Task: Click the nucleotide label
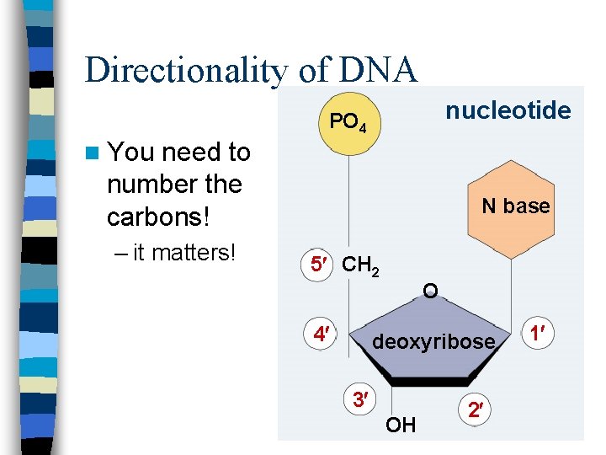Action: click(x=508, y=110)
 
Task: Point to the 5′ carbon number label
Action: click(x=318, y=265)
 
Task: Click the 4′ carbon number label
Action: click(x=320, y=334)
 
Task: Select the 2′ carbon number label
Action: click(x=476, y=410)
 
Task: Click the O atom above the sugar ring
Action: click(x=430, y=292)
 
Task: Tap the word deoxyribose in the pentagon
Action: click(x=434, y=341)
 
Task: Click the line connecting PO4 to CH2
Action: click(x=349, y=202)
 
